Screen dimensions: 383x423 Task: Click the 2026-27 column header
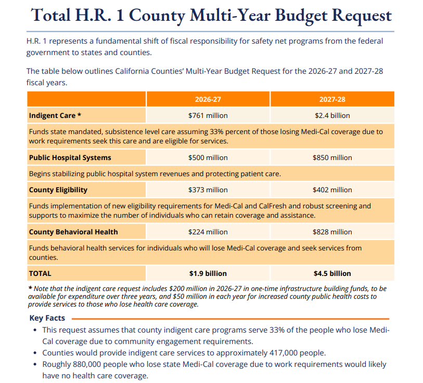click(208, 99)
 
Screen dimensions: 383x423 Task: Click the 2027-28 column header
click(332, 99)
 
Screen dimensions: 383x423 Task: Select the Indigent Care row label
click(55, 115)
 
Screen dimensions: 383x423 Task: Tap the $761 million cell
click(208, 115)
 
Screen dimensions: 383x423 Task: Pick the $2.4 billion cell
click(332, 115)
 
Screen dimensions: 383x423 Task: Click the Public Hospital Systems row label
click(70, 157)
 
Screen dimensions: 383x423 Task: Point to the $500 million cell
click(208, 157)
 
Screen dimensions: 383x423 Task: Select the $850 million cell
click(332, 157)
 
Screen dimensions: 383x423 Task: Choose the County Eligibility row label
click(58, 190)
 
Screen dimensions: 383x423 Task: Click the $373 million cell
click(208, 190)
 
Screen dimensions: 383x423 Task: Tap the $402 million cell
click(332, 190)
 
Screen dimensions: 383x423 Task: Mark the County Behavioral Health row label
click(73, 232)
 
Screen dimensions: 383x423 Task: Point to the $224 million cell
click(208, 232)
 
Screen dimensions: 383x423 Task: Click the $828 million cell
click(332, 232)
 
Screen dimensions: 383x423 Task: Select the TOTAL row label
click(40, 273)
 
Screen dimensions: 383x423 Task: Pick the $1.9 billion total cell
click(208, 273)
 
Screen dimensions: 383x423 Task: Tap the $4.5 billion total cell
click(332, 273)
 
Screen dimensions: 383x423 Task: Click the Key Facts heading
click(47, 318)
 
